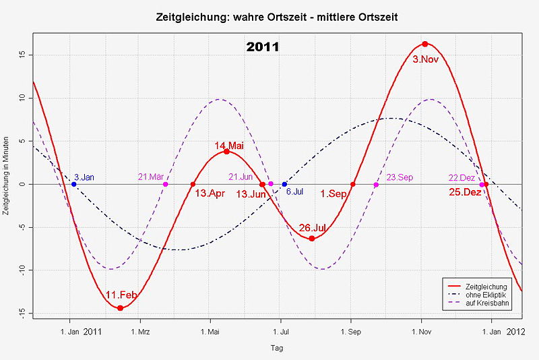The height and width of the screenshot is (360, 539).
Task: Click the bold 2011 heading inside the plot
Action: click(x=263, y=48)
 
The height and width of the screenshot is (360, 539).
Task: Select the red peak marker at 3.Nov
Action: click(x=425, y=44)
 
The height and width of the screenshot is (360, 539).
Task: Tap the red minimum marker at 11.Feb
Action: click(x=120, y=308)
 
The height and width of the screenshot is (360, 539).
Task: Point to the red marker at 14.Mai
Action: click(x=226, y=152)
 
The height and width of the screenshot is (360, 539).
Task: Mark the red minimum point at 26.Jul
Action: click(x=312, y=239)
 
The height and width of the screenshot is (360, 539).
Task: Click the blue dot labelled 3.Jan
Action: click(x=74, y=184)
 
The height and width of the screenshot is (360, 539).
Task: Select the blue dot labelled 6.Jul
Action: click(x=284, y=184)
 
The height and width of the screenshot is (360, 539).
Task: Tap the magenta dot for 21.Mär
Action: click(x=166, y=184)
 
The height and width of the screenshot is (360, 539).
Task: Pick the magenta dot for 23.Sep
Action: click(x=376, y=184)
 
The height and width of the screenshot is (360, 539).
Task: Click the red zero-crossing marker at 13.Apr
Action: click(x=193, y=184)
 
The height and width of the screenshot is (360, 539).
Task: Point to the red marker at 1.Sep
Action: click(x=353, y=184)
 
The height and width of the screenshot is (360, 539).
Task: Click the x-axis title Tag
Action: click(x=277, y=349)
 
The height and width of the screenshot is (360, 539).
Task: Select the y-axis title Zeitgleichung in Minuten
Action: click(x=7, y=183)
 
